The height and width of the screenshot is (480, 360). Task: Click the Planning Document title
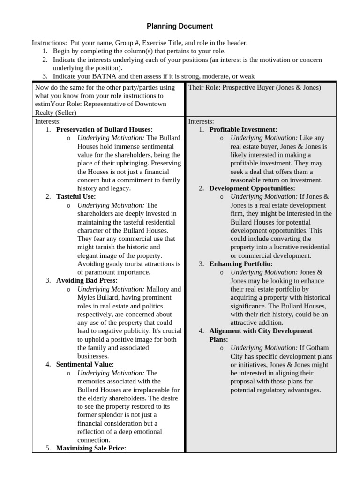coord(180,26)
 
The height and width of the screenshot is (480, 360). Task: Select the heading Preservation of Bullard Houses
coord(104,129)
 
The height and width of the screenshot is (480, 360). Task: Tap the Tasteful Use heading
coord(75,197)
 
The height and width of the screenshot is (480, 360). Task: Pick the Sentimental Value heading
coord(85,364)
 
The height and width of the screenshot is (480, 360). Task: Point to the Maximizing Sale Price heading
coord(91,448)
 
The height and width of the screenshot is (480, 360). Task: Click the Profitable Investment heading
coord(243,129)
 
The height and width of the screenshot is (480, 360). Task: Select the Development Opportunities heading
coord(252,188)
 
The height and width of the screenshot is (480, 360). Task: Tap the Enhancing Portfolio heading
coord(240,264)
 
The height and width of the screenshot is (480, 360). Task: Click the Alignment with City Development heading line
coord(260,331)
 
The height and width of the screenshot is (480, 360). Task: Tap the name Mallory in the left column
coord(158,289)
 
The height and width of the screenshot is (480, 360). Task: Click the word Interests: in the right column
coord(201,121)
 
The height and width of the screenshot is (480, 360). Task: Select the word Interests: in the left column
coord(48,121)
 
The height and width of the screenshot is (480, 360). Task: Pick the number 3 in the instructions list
coord(45,76)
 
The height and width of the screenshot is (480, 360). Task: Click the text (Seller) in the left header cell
coord(66,113)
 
